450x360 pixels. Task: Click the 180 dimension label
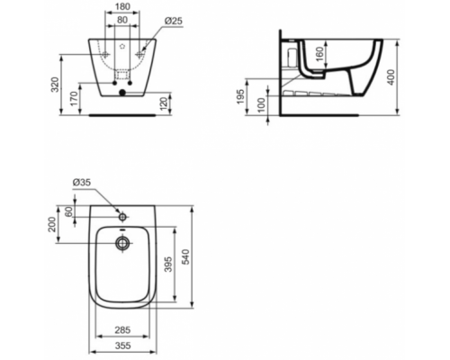[122, 6]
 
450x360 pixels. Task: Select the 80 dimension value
[122, 20]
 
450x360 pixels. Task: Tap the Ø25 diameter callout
[174, 21]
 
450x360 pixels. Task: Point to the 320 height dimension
[55, 85]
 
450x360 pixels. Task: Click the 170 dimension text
[74, 98]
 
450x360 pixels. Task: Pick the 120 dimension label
[164, 103]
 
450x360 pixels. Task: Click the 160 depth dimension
[320, 54]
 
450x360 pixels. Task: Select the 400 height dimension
[391, 77]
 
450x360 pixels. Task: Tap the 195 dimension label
[240, 96]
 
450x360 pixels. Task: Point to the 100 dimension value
[262, 104]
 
